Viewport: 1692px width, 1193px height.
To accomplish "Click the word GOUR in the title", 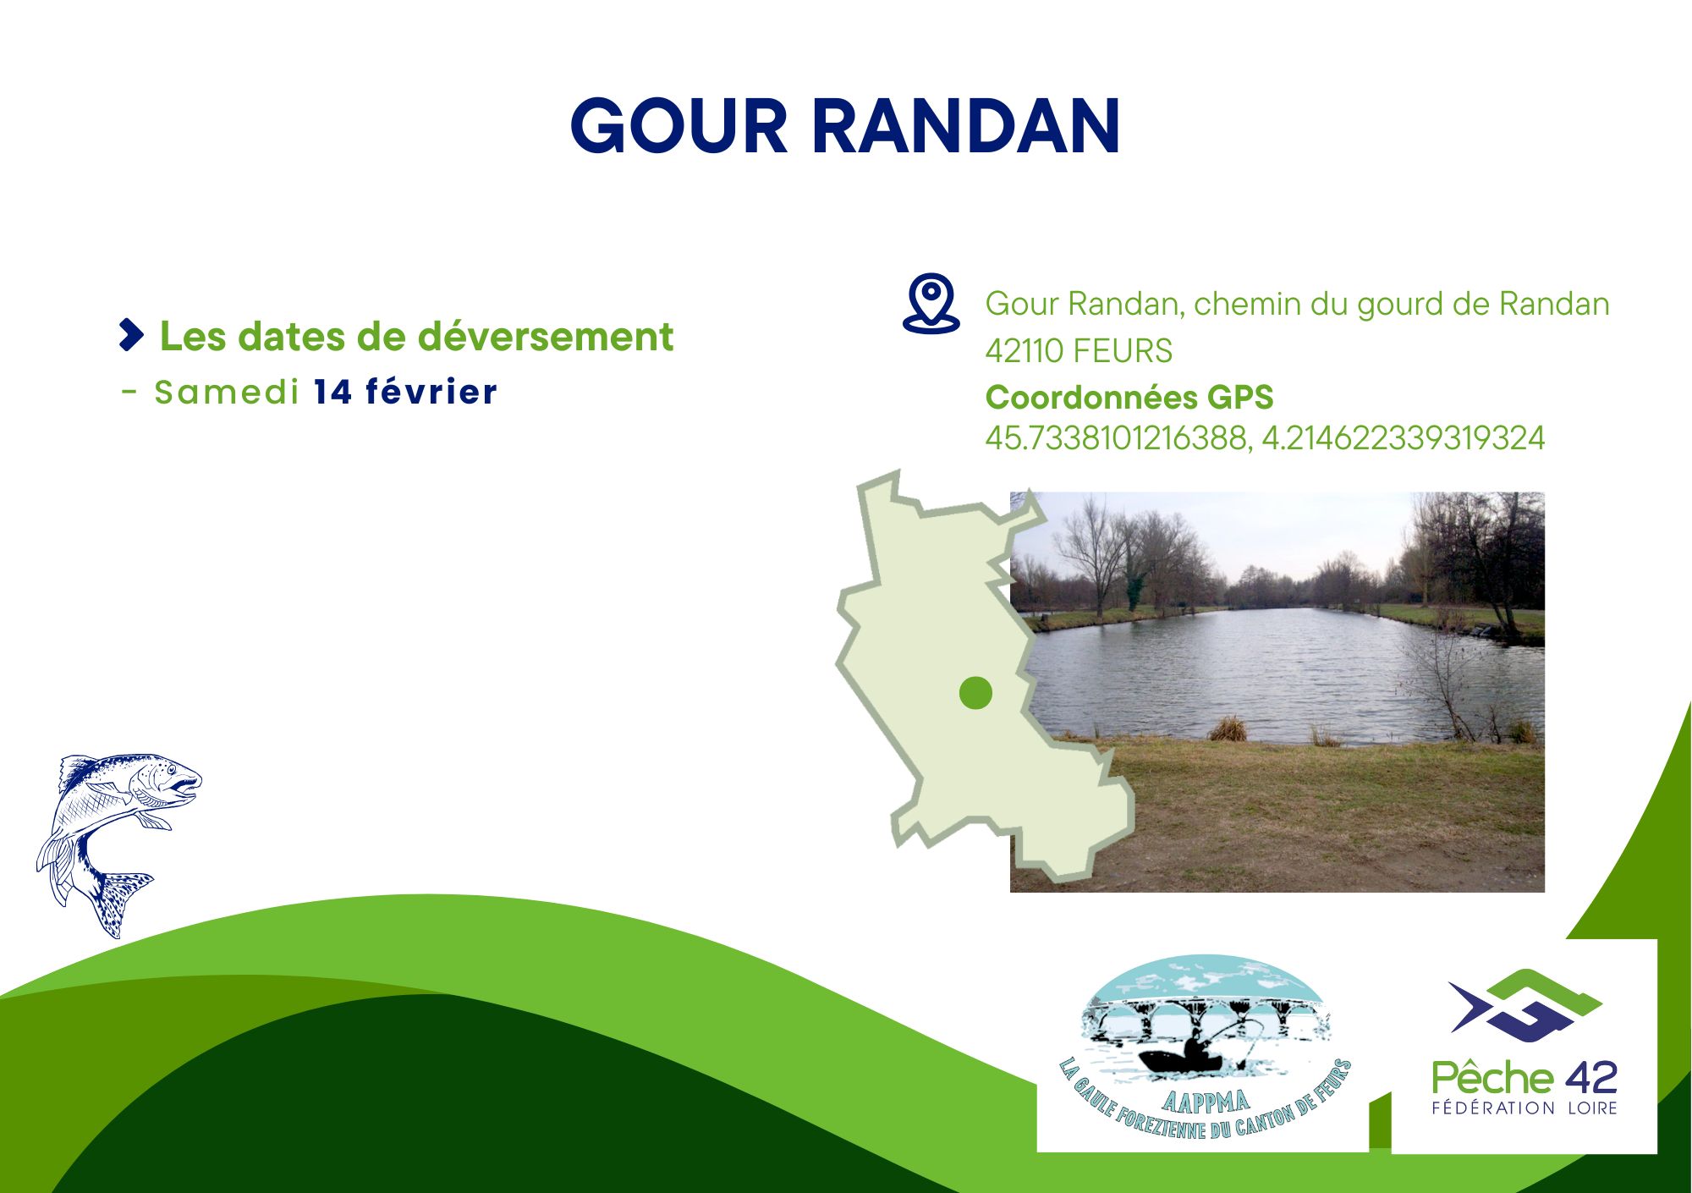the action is pyautogui.click(x=679, y=126).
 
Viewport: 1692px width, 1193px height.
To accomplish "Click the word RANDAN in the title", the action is pyautogui.click(x=967, y=126).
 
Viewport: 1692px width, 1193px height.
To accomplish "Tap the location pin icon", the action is pyautogui.click(x=931, y=303).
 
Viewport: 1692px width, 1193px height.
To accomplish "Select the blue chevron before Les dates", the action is pyautogui.click(x=132, y=335).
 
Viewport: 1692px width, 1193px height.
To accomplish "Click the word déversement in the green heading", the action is pyautogui.click(x=547, y=336).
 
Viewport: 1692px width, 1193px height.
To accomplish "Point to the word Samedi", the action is pyautogui.click(x=227, y=392).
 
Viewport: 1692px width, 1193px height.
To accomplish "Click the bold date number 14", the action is pyautogui.click(x=332, y=392).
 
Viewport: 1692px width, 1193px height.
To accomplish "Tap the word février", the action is pyautogui.click(x=431, y=392).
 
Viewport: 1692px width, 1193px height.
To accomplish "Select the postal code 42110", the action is pyautogui.click(x=1024, y=350).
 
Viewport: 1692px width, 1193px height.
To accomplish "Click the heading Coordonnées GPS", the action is pyautogui.click(x=1129, y=397).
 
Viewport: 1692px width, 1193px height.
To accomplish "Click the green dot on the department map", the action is pyautogui.click(x=975, y=693).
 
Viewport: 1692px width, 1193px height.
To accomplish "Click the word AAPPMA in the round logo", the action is pyautogui.click(x=1206, y=1102).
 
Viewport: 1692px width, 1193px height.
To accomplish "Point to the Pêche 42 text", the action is pyautogui.click(x=1524, y=1078).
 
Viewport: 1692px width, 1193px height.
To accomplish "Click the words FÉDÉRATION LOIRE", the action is pyautogui.click(x=1524, y=1108).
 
